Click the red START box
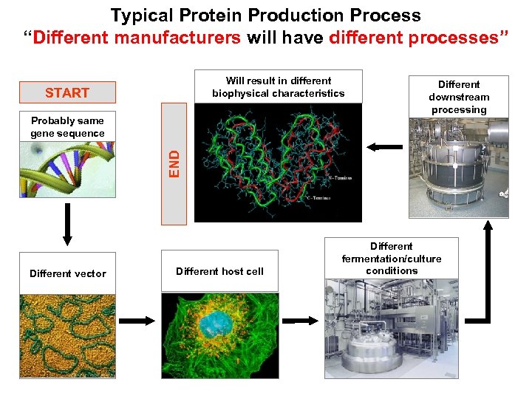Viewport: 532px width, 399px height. click(67, 92)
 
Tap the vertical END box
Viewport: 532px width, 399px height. click(174, 162)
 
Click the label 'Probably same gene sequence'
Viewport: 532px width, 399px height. click(67, 126)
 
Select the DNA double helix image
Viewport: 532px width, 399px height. click(67, 169)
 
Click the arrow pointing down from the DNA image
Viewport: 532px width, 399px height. click(67, 222)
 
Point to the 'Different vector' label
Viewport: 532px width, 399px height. click(67, 273)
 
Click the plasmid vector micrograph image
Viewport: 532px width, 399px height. click(67, 336)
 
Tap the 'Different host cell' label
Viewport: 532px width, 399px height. click(219, 271)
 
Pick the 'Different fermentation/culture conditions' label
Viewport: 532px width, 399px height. click(392, 258)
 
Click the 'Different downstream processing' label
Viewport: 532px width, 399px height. click(459, 97)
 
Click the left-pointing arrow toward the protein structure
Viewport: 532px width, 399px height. click(383, 147)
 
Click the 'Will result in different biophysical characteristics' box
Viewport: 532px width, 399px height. click(278, 86)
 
